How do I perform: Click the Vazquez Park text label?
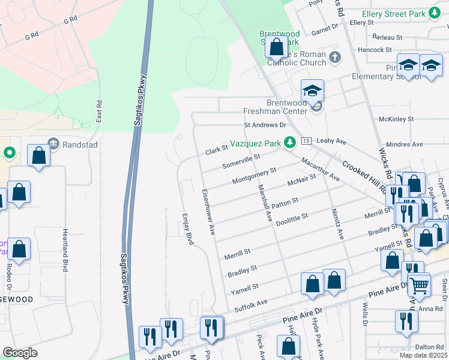pyautogui.click(x=256, y=145)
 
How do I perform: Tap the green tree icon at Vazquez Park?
pyautogui.click(x=290, y=142)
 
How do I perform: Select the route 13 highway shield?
pyautogui.click(x=306, y=140)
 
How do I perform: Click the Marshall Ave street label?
pyautogui.click(x=264, y=205)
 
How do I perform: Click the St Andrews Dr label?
pyautogui.click(x=265, y=125)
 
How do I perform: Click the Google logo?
pyautogui.click(x=20, y=353)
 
